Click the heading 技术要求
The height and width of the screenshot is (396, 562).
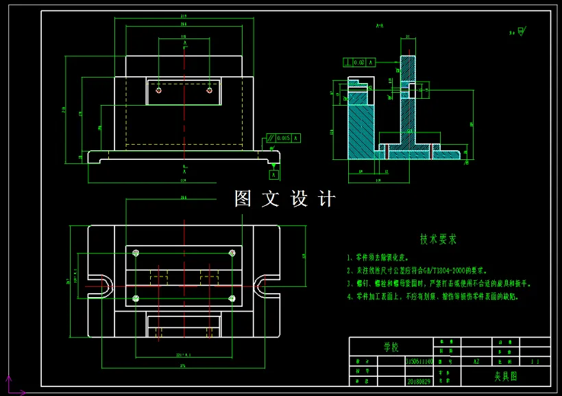tap(438, 240)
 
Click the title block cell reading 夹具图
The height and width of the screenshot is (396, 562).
tap(506, 376)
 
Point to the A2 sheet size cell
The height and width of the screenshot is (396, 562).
tap(476, 360)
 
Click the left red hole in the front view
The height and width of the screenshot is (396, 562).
tap(159, 90)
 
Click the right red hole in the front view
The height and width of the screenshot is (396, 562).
tap(210, 90)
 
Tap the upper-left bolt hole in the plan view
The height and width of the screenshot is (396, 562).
tap(136, 252)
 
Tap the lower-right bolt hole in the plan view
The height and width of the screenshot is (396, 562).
tap(232, 298)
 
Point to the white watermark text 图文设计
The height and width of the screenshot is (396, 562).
tap(285, 199)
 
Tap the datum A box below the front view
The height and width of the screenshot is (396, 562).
tap(274, 175)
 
